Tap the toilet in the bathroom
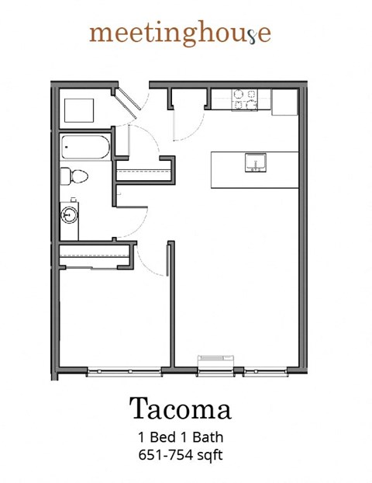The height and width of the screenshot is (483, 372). (75, 176)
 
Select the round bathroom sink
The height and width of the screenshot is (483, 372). (69, 212)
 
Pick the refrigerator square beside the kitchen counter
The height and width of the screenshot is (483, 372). (284, 101)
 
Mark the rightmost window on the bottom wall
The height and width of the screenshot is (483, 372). (266, 373)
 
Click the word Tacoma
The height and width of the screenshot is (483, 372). (180, 408)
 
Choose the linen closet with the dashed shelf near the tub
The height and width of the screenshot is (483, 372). (143, 172)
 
